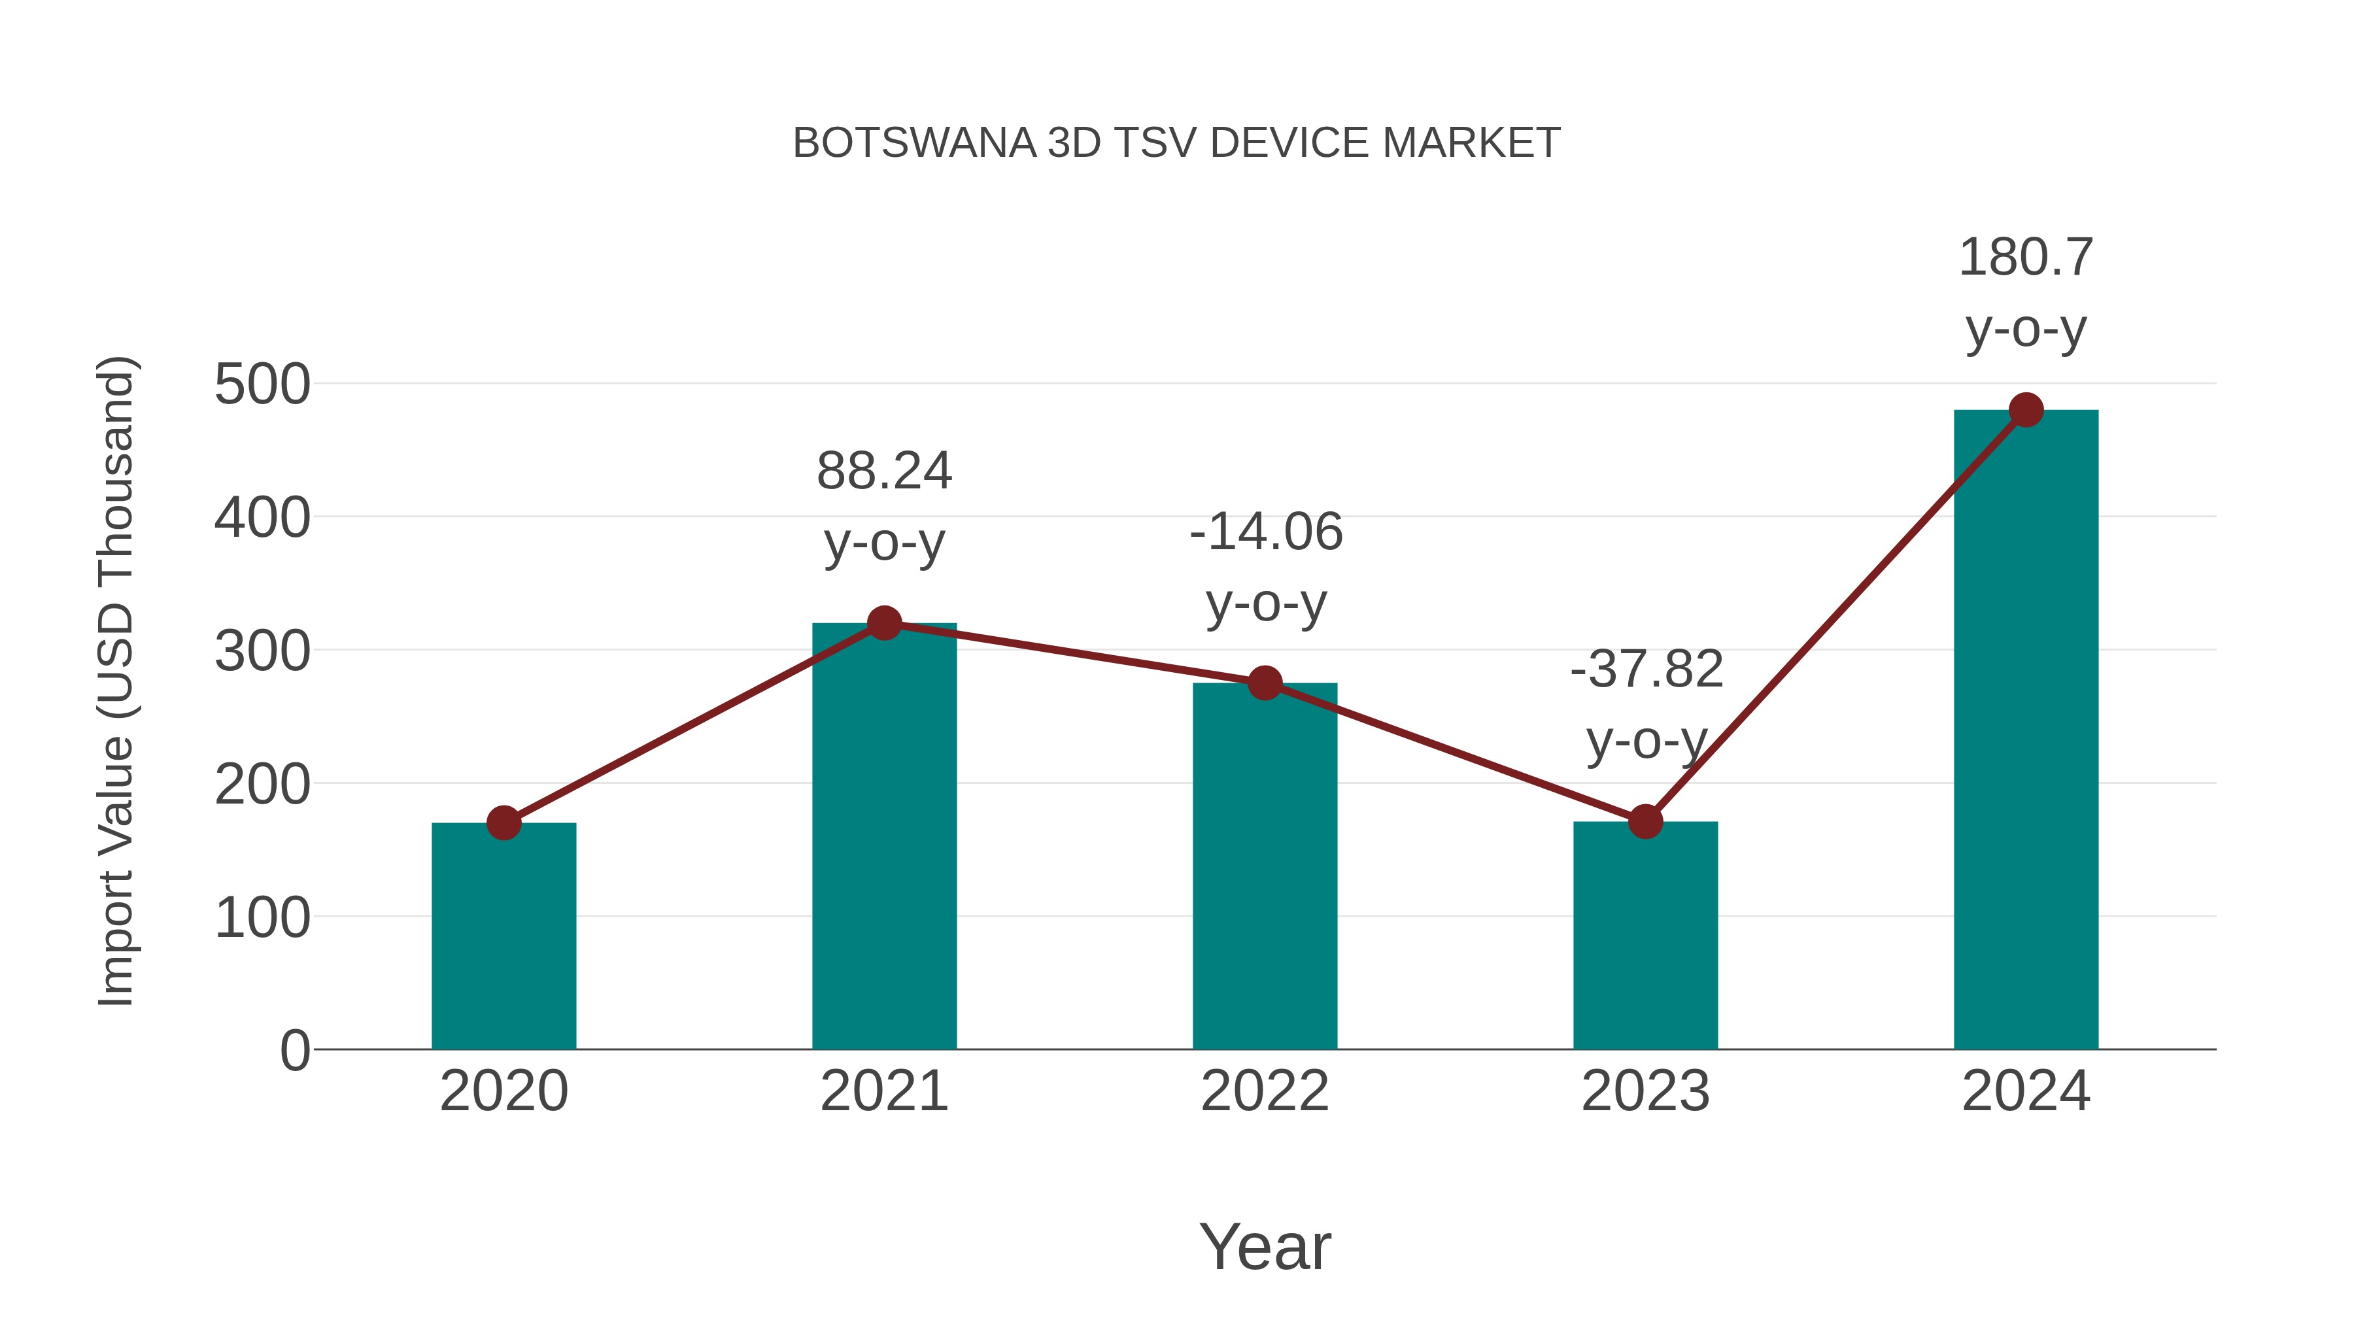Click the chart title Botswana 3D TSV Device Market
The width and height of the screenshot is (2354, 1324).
pos(1176,143)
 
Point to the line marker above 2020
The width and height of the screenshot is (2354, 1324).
pos(503,823)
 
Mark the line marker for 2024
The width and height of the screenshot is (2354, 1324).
pos(2026,410)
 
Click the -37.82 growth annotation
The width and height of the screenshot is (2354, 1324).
pos(1646,704)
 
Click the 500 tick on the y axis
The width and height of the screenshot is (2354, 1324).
pos(262,384)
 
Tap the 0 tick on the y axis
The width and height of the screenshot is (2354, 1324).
pos(294,1051)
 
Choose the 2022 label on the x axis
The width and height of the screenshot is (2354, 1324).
pos(1264,1091)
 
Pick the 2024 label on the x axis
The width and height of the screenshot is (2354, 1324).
pos(2025,1091)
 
